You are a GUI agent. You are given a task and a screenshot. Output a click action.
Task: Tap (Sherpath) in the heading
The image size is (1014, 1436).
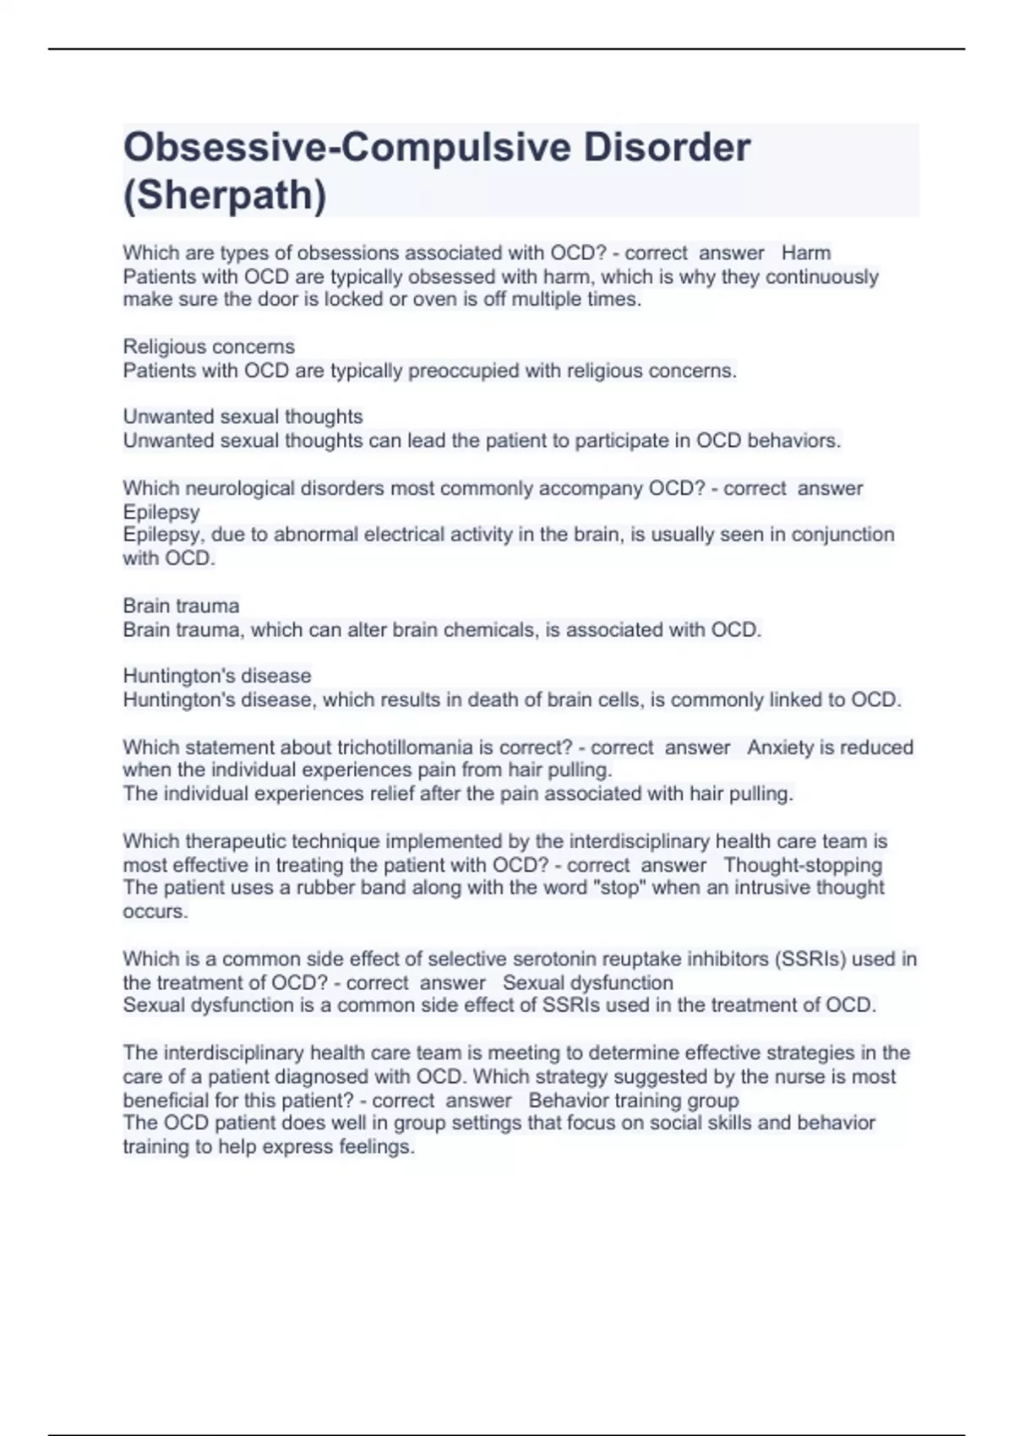pyautogui.click(x=225, y=196)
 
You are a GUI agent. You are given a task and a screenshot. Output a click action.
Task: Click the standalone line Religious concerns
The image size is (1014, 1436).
pyautogui.click(x=209, y=347)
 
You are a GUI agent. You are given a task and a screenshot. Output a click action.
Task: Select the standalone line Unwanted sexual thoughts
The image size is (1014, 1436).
pyautogui.click(x=243, y=417)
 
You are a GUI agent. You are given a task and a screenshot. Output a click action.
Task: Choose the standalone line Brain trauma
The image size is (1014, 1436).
pyautogui.click(x=181, y=606)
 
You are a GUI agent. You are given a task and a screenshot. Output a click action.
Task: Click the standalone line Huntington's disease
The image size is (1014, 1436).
pyautogui.click(x=217, y=676)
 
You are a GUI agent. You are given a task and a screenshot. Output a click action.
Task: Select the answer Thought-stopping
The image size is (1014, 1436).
pyautogui.click(x=803, y=865)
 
